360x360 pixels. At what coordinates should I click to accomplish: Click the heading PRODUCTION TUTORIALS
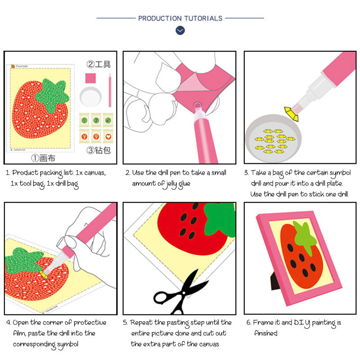click(x=180, y=18)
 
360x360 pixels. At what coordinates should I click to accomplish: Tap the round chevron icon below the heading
click(x=180, y=31)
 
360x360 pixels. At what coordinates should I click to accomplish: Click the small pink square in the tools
click(x=90, y=78)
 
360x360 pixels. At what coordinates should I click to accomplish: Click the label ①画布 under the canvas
click(x=44, y=158)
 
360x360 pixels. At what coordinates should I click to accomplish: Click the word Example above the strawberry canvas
click(x=22, y=66)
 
